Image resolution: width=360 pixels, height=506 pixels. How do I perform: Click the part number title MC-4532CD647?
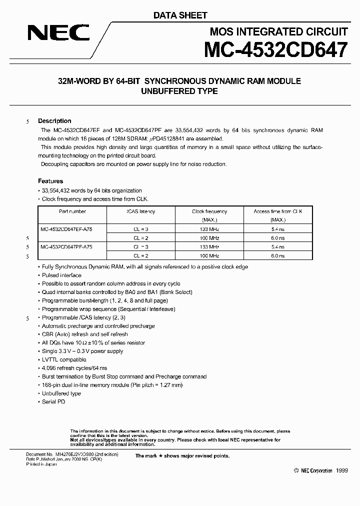click(x=275, y=50)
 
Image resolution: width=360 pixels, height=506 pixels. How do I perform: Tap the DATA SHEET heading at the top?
click(x=179, y=15)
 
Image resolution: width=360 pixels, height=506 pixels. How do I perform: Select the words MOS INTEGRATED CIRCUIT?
click(x=278, y=32)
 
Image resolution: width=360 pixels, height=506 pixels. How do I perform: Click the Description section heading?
click(x=54, y=121)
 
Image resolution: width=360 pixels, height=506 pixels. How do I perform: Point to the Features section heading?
click(x=50, y=181)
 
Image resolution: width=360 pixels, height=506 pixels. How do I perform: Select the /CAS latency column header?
click(x=140, y=211)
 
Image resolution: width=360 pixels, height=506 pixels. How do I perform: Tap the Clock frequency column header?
click(x=209, y=211)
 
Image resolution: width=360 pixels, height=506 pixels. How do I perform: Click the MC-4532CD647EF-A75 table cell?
click(x=66, y=228)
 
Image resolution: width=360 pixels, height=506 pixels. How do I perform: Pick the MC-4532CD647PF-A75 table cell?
click(x=66, y=247)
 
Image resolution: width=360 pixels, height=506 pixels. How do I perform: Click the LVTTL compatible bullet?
click(x=64, y=359)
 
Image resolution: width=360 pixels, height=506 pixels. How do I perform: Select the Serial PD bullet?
click(x=53, y=402)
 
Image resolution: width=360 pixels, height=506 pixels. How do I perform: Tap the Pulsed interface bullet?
click(x=61, y=275)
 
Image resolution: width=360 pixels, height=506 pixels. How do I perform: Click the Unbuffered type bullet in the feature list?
click(x=61, y=393)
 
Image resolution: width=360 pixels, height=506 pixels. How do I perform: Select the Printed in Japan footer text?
click(x=41, y=464)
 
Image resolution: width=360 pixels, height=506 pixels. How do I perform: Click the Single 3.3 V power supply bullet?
click(x=82, y=351)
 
